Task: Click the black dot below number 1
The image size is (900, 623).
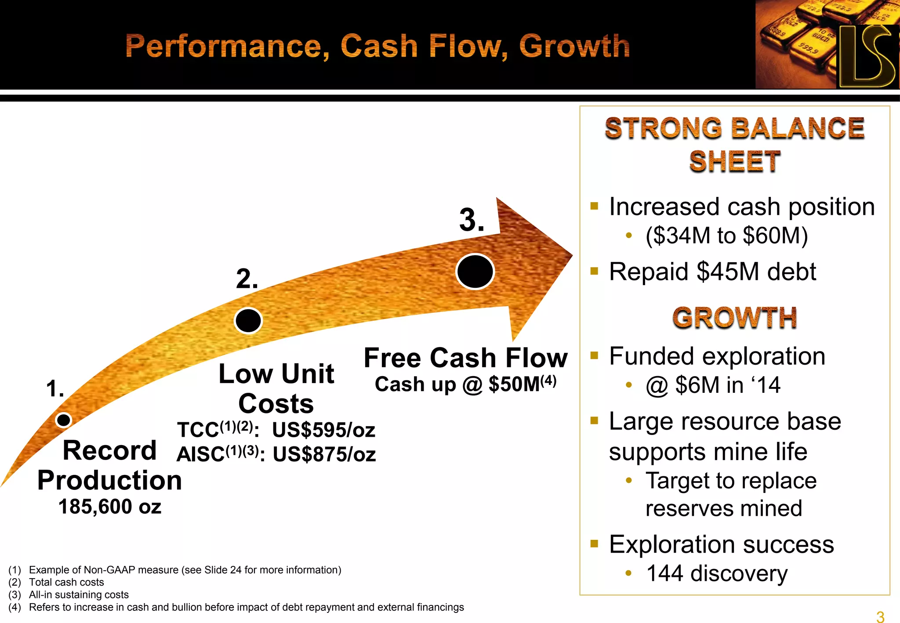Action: click(64, 420)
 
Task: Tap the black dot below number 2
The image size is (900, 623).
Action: click(248, 320)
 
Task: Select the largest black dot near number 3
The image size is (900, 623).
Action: click(475, 271)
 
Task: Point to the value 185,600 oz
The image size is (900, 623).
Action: click(110, 507)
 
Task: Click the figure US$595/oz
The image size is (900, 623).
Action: click(323, 430)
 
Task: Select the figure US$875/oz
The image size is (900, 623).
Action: click(324, 455)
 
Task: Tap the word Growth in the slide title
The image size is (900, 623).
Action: click(574, 46)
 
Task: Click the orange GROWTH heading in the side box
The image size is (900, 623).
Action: click(734, 318)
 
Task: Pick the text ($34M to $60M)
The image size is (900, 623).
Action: click(726, 235)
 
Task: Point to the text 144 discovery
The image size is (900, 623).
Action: click(717, 573)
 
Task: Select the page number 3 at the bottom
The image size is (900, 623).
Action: click(880, 616)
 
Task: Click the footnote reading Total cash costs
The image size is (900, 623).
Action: click(66, 582)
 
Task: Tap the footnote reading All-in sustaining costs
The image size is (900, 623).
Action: click(79, 594)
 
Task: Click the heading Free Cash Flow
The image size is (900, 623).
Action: click(466, 358)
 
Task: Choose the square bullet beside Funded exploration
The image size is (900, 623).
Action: click(595, 355)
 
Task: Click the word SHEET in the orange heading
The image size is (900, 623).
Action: click(734, 161)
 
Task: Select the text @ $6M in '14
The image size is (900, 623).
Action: click(713, 385)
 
